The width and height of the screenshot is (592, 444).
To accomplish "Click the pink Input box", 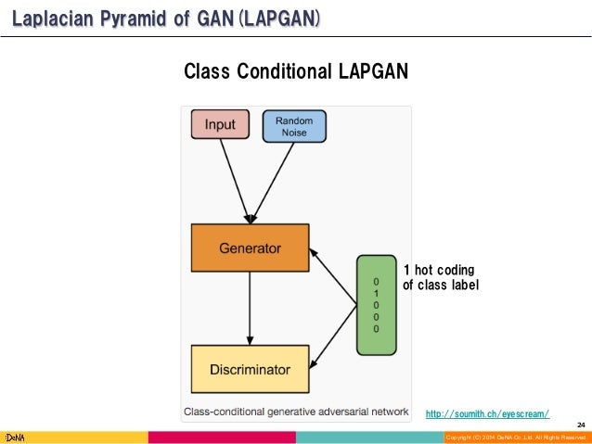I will [220, 125].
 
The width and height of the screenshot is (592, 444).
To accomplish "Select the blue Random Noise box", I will [294, 126].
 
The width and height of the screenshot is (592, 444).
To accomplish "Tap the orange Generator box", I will [250, 248].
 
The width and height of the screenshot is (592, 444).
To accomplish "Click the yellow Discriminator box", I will [249, 369].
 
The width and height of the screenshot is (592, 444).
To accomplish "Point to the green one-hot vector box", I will [376, 304].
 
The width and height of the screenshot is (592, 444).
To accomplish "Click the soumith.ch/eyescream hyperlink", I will [487, 413].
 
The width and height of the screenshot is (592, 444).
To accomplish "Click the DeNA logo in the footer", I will [14, 437].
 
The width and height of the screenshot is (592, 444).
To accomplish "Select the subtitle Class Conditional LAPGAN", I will [296, 71].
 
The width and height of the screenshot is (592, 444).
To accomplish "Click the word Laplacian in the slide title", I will [52, 17].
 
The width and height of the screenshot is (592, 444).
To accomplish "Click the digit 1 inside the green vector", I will [376, 292].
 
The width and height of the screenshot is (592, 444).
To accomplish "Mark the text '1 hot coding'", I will [438, 269].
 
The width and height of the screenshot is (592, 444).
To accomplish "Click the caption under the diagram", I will [295, 412].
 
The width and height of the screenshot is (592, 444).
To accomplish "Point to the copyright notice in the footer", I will [515, 437].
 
